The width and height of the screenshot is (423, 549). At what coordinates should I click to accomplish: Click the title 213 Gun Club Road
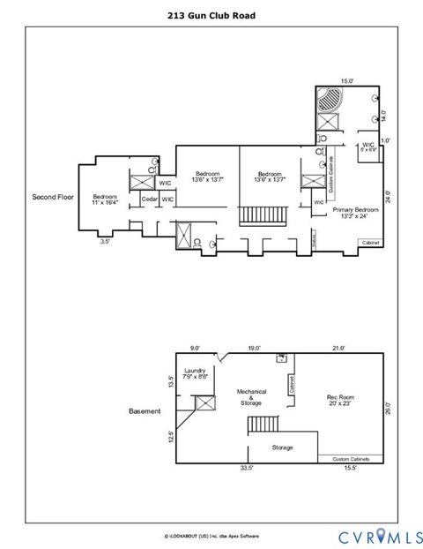tap(211, 15)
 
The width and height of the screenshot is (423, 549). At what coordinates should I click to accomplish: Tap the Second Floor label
tap(51, 196)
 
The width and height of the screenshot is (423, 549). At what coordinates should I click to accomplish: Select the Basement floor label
tap(145, 411)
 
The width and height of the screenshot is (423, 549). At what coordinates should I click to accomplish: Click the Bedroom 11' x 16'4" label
tap(105, 199)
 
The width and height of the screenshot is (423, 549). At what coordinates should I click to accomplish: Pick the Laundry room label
tap(196, 373)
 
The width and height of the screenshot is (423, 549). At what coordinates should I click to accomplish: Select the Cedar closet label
tap(149, 200)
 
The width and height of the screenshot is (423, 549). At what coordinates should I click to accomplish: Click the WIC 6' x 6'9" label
tap(367, 147)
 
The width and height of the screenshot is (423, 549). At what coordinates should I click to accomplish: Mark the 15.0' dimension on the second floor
tap(346, 80)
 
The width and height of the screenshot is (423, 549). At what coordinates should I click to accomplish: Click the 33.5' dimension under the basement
tap(248, 469)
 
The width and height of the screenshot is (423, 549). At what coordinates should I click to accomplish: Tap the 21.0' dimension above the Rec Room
tap(338, 348)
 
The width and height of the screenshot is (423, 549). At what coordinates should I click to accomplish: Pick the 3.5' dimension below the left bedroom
tap(105, 239)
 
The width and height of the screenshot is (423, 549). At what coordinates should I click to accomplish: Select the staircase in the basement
tap(262, 425)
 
